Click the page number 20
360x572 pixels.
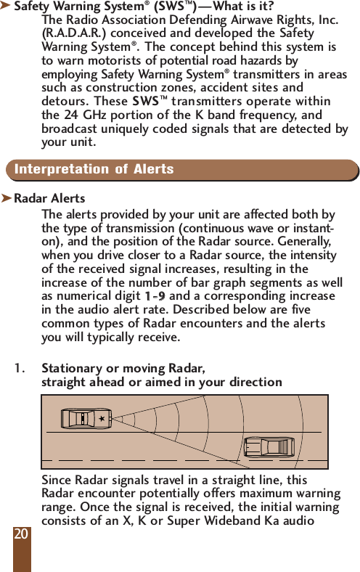pyautogui.click(x=21, y=534)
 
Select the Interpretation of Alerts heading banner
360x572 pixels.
pyautogui.click(x=181, y=170)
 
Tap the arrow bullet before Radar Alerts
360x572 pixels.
pyautogui.click(x=7, y=198)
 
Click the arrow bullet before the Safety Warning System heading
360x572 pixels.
pyautogui.click(x=7, y=7)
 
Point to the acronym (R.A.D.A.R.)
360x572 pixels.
pyautogui.click(x=71, y=33)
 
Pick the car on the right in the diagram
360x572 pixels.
pyautogui.click(x=269, y=446)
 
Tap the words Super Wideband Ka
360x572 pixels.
pyautogui.click(x=259, y=521)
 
